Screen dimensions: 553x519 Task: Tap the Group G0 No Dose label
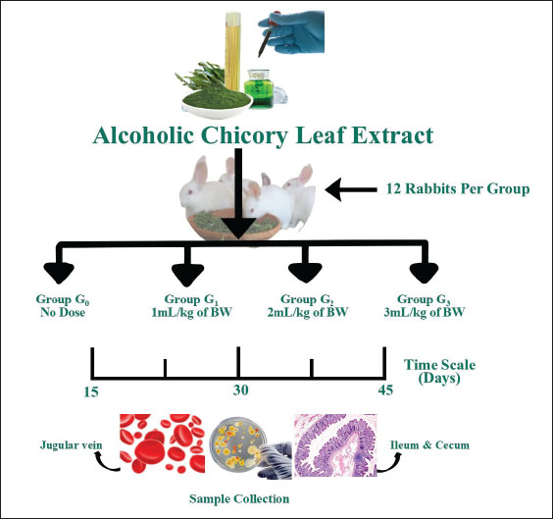63,305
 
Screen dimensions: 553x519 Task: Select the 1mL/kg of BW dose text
191,313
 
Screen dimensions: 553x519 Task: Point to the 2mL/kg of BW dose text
308,312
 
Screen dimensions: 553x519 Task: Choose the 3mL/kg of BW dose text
425,312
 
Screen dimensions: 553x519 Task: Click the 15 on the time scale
91,391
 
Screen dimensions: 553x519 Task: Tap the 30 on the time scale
240,389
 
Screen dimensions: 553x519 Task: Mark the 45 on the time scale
385,389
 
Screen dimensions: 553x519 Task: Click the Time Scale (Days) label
439,371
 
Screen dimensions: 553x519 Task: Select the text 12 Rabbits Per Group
458,188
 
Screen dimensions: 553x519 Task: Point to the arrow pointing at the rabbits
351,189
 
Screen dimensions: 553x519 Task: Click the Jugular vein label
71,444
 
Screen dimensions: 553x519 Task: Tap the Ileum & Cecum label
429,444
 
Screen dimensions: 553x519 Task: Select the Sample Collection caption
239,498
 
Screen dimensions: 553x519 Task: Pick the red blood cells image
162,443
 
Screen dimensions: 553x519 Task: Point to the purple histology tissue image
335,445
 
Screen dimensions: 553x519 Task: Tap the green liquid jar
259,88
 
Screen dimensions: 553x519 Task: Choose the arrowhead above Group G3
424,273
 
